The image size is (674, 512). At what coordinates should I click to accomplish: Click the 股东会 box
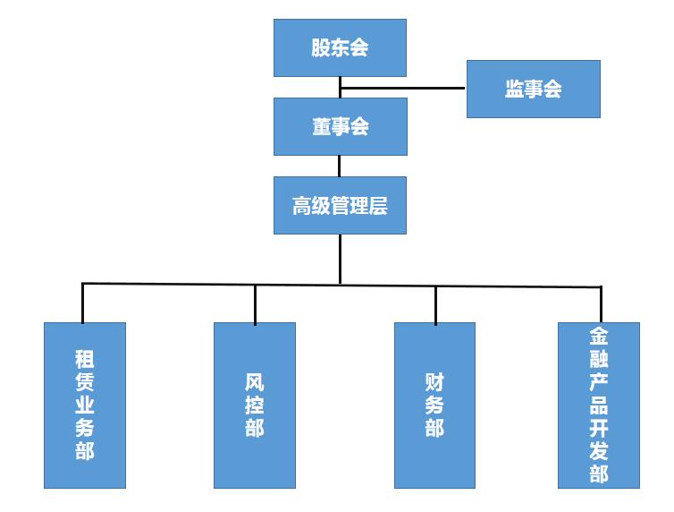(340, 47)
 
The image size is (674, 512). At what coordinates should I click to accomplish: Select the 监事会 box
(533, 89)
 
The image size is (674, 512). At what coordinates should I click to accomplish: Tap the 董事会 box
(340, 126)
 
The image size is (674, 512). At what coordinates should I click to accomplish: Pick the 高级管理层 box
(340, 205)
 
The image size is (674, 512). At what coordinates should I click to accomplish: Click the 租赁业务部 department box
(85, 405)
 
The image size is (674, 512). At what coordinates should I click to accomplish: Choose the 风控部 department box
(255, 405)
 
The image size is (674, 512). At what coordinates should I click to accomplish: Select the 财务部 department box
(435, 405)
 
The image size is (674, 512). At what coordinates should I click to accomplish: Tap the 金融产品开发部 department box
(599, 405)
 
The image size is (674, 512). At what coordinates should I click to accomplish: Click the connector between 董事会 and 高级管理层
(340, 166)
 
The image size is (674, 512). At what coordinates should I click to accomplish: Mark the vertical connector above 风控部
(255, 303)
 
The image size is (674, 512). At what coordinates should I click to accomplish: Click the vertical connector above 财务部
(435, 304)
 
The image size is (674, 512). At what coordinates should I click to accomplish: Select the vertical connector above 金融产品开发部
(601, 304)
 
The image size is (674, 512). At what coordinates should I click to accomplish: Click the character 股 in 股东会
(321, 47)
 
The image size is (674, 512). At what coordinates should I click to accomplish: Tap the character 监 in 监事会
(514, 89)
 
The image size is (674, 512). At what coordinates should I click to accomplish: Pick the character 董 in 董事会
(321, 126)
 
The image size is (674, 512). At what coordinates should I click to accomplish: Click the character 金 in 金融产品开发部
(599, 337)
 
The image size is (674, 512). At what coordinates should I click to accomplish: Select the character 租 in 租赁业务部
(85, 360)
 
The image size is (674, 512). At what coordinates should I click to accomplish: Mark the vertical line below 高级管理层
(340, 259)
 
